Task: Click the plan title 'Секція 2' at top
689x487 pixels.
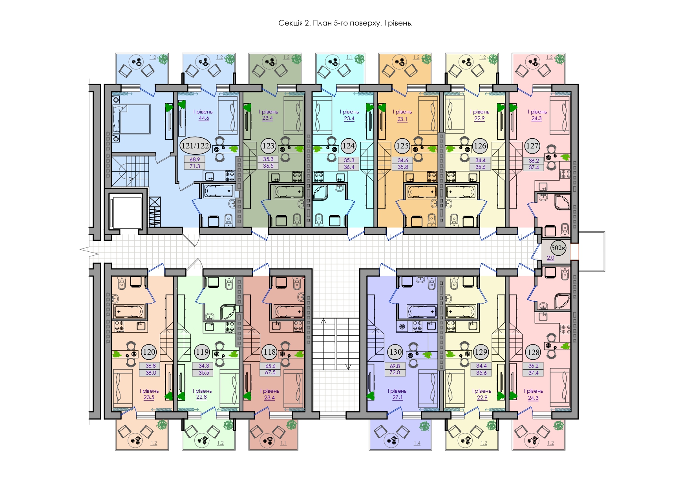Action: coord(294,23)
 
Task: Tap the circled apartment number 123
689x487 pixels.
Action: coord(268,146)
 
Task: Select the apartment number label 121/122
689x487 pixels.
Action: coord(195,146)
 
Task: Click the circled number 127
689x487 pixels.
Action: coord(532,146)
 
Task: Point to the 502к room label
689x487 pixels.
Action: coord(558,247)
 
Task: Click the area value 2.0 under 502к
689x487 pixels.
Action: coord(550,258)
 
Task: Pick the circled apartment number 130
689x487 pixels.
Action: coord(395,352)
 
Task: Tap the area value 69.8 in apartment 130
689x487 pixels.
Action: coord(395,366)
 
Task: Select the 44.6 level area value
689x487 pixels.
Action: coord(204,118)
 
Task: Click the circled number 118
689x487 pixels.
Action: coord(269,352)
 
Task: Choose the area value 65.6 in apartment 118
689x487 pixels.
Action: coord(270,366)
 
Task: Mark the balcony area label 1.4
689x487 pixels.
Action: coord(417,443)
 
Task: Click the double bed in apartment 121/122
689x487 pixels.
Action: coord(131,119)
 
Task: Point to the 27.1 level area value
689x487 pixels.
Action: coord(397,397)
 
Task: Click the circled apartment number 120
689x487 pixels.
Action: coord(149,352)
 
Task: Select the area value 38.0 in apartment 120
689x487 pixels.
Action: coord(151,373)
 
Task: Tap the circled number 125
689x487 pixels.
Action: coord(402,146)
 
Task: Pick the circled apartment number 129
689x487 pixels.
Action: coord(481,352)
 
